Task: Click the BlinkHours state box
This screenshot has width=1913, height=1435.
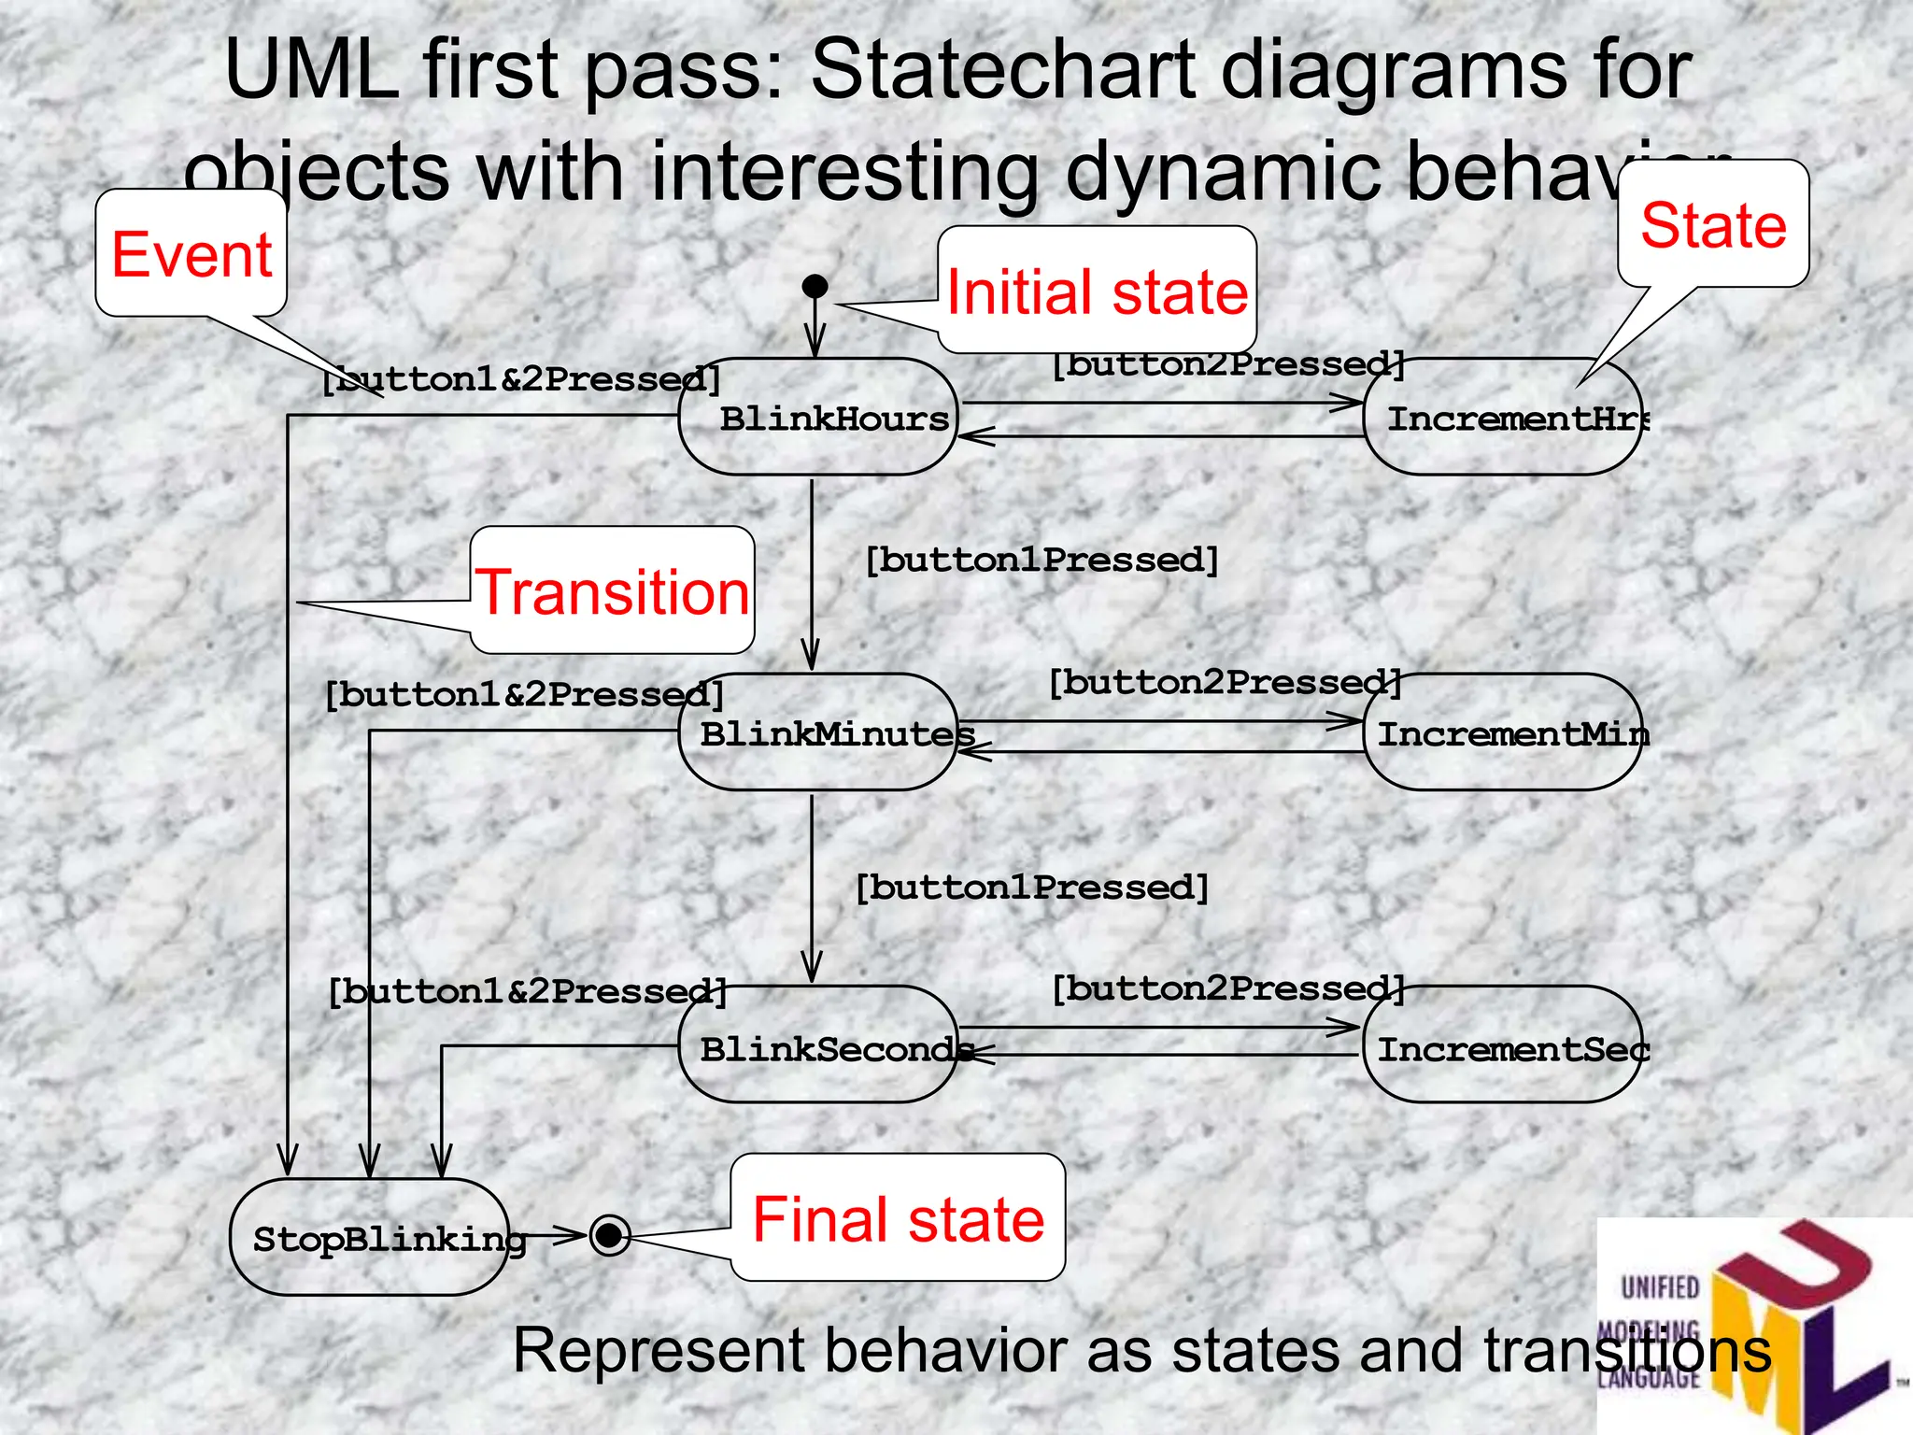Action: (x=818, y=417)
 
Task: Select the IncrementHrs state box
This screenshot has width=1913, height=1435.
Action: (x=1502, y=417)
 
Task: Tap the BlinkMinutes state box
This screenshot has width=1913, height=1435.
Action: (x=818, y=732)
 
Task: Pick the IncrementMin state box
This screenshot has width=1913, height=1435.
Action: (x=1502, y=732)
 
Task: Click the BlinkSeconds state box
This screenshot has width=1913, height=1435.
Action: (x=818, y=1044)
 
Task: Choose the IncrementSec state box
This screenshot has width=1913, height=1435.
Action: (x=1502, y=1044)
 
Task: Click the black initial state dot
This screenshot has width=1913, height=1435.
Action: (x=815, y=286)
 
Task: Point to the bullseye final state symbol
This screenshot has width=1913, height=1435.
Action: (x=610, y=1236)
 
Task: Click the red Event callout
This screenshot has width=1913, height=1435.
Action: (x=191, y=253)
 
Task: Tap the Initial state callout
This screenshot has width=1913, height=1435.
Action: (x=1097, y=291)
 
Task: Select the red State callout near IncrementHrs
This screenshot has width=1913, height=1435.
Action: (x=1713, y=224)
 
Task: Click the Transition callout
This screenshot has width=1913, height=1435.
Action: (x=613, y=590)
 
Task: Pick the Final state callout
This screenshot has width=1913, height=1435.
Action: (x=898, y=1217)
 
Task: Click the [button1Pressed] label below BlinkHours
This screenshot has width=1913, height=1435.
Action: (x=1042, y=561)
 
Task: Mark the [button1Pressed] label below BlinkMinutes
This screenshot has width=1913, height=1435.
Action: (x=1032, y=888)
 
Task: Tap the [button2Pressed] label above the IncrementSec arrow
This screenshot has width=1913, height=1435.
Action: (x=1227, y=988)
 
